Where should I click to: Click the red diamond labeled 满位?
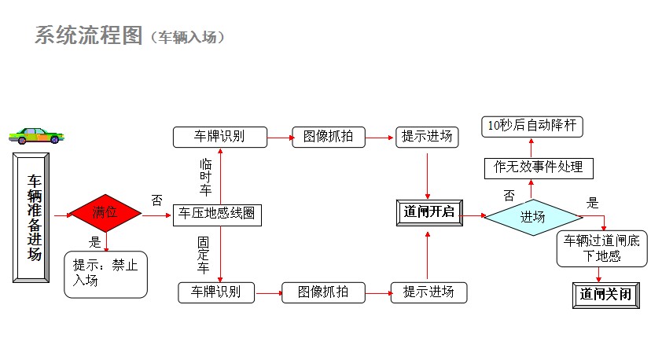click(105, 213)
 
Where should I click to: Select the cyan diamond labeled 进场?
click(532, 216)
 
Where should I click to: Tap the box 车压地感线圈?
click(216, 213)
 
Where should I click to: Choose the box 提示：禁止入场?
click(105, 274)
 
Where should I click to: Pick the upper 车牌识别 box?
click(219, 137)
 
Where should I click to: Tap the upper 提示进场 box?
click(427, 137)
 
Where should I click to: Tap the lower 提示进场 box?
click(428, 292)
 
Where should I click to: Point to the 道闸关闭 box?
click(605, 295)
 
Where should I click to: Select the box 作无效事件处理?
click(538, 167)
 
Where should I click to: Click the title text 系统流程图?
click(88, 35)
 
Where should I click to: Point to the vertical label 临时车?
click(206, 177)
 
